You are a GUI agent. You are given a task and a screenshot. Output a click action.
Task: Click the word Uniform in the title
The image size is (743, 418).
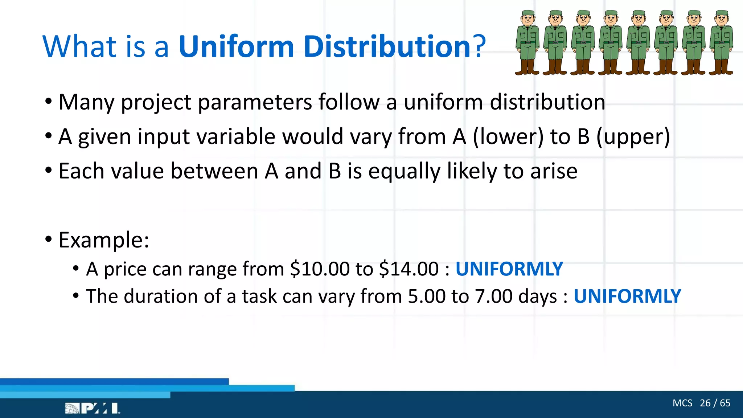(x=236, y=47)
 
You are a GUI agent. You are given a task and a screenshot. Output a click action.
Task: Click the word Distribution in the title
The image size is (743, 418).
(x=387, y=47)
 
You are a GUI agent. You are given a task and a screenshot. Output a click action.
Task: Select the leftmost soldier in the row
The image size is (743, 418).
(x=528, y=43)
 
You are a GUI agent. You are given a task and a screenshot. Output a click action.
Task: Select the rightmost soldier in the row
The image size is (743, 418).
(x=721, y=43)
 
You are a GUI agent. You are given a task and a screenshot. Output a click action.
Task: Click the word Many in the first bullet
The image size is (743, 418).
(x=86, y=102)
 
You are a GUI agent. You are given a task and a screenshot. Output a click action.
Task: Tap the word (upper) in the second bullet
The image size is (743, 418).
(x=633, y=137)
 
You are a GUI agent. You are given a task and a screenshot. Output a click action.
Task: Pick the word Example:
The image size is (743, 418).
(x=104, y=240)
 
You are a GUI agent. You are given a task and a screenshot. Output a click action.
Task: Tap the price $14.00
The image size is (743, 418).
(x=409, y=269)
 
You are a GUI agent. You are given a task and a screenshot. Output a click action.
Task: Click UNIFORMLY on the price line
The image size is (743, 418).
(x=509, y=269)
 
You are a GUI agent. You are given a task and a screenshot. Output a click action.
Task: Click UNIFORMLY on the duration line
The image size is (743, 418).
(x=627, y=296)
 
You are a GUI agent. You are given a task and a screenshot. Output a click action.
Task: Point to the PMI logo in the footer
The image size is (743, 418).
(x=93, y=408)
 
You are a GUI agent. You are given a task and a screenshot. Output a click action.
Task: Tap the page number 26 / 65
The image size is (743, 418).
(x=715, y=403)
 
